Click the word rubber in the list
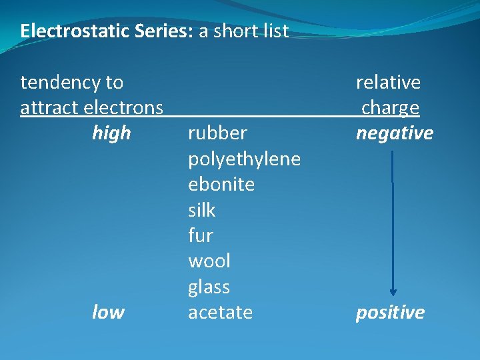(x=217, y=133)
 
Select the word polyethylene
(x=244, y=159)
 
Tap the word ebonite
(x=221, y=185)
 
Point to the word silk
(x=201, y=211)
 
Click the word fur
(x=200, y=236)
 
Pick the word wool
(x=209, y=261)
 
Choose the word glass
(x=209, y=287)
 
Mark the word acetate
(x=220, y=313)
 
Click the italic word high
(x=111, y=133)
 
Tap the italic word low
(x=108, y=313)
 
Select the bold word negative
(x=395, y=133)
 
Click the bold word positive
(x=390, y=313)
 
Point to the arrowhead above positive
(x=393, y=291)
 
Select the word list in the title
(x=275, y=31)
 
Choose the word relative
(x=388, y=83)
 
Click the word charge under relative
(x=390, y=108)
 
